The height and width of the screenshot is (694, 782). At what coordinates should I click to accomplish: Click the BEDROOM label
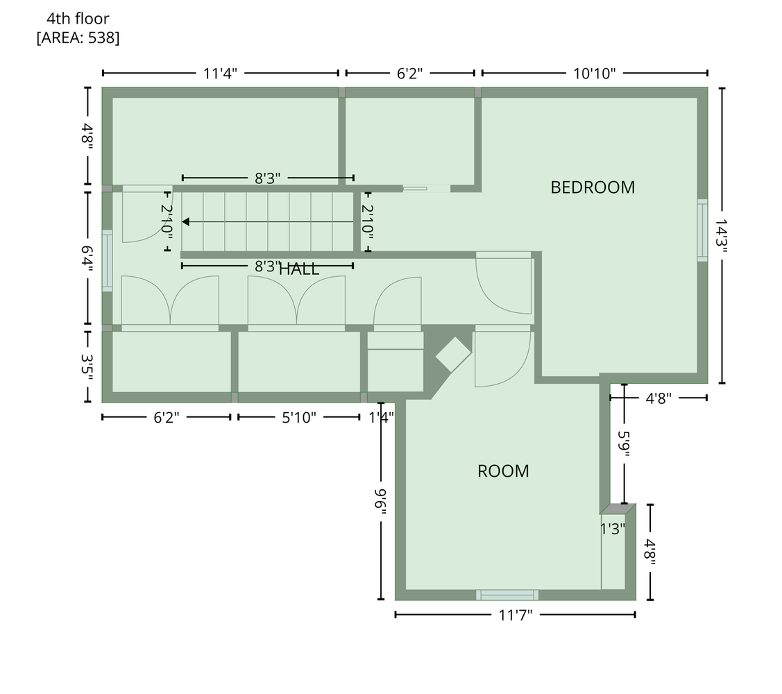pos(593,187)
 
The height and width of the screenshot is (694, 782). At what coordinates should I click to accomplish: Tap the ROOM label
pos(503,471)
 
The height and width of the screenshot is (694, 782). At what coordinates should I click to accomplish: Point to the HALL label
pos(299,269)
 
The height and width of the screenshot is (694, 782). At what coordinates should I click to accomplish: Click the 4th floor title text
pos(78,19)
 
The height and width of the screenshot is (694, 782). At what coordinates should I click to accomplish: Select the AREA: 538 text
pos(78,38)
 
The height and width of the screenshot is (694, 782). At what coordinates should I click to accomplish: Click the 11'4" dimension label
pos(220,74)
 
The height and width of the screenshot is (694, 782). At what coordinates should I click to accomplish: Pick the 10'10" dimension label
pos(595,74)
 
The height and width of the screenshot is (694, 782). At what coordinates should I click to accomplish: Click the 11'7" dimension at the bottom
pos(516,615)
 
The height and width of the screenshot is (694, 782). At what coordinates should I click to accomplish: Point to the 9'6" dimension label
pos(381,500)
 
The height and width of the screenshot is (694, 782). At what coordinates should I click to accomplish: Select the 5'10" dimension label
pos(299,418)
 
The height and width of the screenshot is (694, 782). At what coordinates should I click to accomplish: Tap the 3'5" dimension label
pos(87,367)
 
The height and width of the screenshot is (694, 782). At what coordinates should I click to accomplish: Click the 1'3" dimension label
pos(613,529)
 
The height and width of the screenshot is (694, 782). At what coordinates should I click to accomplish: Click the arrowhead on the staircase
pos(185,221)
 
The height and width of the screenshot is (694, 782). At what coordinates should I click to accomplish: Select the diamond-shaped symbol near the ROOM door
pos(453,354)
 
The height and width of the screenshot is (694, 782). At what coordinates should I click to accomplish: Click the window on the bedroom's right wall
pos(702,230)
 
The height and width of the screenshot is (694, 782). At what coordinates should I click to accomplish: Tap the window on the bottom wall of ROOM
pos(507,595)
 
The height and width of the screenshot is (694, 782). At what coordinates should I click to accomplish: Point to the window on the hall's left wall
pos(108,260)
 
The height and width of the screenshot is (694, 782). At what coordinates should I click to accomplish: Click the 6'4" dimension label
pos(87,258)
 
